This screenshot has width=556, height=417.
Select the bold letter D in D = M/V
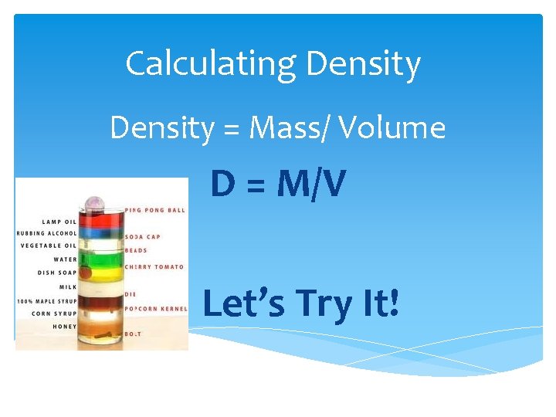pos(223,185)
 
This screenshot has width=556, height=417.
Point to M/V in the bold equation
pos(310,185)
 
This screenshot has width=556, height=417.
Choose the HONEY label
pos(64,327)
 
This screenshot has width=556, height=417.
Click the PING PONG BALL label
pos(156,208)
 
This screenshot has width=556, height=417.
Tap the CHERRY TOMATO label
pos(154,266)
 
